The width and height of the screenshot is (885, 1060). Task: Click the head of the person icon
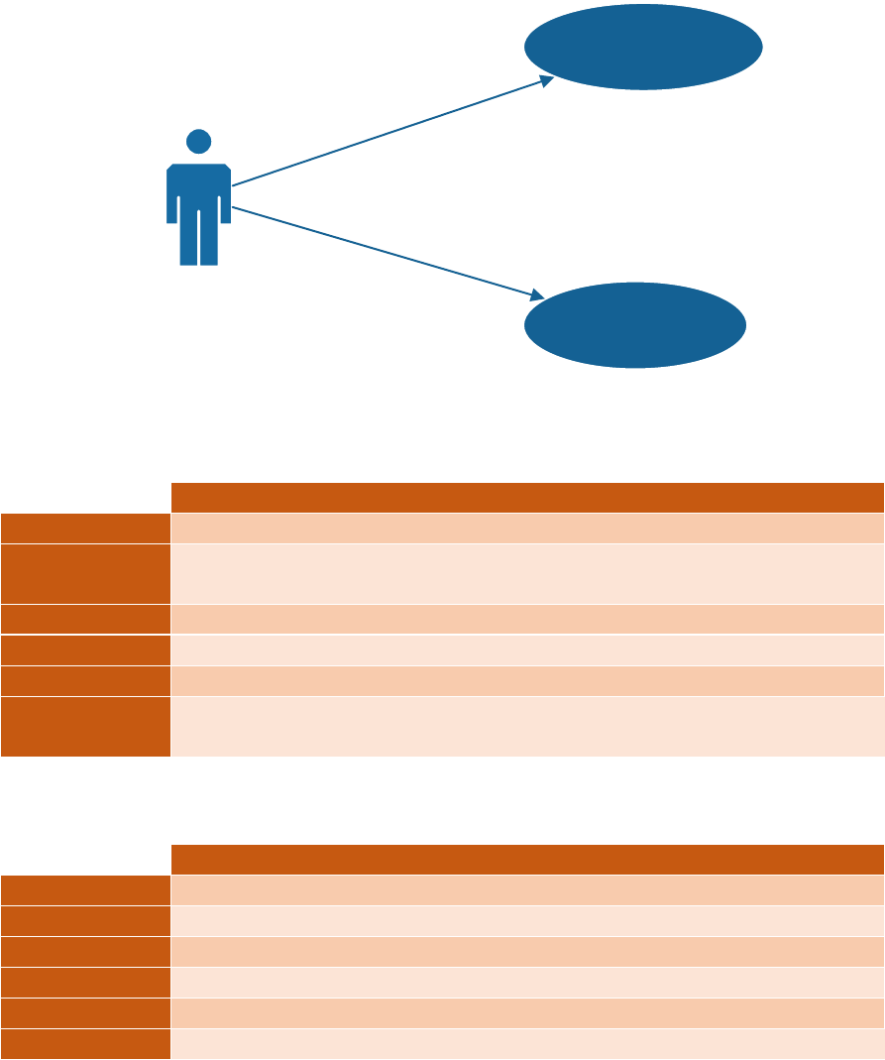tap(198, 142)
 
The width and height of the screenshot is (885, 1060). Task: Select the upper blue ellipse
tap(643, 47)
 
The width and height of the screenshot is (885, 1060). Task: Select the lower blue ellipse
tap(634, 325)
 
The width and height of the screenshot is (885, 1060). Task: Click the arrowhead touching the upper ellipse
tap(545, 80)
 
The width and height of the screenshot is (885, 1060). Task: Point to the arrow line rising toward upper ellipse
tap(387, 133)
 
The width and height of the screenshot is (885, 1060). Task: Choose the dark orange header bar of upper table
tap(527, 497)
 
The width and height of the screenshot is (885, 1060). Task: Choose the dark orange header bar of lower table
tap(527, 859)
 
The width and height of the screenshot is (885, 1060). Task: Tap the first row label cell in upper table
tap(85, 528)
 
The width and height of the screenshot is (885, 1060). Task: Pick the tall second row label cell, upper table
tap(85, 573)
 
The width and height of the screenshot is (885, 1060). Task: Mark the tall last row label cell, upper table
tap(85, 726)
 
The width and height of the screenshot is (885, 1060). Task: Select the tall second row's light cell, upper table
tap(527, 573)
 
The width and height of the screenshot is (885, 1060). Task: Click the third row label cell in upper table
tap(85, 619)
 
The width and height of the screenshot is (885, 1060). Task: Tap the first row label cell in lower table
tap(85, 889)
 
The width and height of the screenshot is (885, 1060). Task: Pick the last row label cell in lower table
tap(85, 1043)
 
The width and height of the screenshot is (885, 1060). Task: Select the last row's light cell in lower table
tap(527, 1043)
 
